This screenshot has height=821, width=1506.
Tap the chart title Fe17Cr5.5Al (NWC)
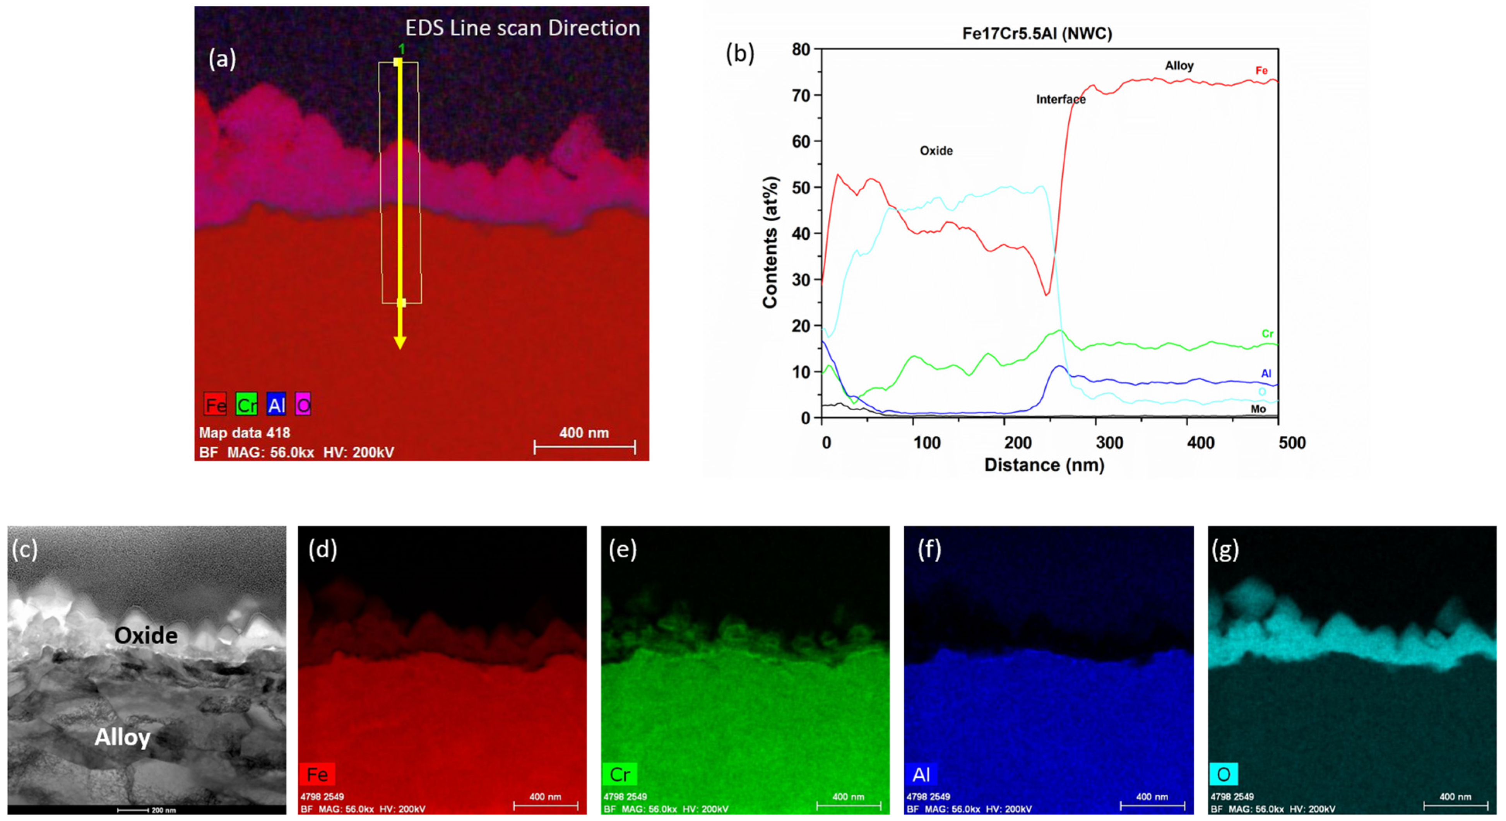[1037, 33]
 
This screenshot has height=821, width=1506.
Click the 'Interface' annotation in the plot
[1061, 99]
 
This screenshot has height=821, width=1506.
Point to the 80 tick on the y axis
[801, 49]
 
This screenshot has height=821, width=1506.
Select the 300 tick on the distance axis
[1109, 443]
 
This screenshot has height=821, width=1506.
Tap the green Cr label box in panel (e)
[619, 774]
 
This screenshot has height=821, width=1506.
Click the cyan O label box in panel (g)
[1223, 774]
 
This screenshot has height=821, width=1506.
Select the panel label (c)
[24, 549]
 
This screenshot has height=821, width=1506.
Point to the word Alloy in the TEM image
[123, 737]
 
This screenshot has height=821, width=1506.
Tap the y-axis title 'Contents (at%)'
[770, 242]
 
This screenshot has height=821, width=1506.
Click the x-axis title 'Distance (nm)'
[1044, 465]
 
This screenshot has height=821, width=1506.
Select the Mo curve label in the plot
[1258, 409]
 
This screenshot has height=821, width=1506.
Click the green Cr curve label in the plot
[1267, 334]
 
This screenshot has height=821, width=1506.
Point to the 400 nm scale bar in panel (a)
[584, 447]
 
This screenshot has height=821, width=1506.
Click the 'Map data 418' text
[245, 433]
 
